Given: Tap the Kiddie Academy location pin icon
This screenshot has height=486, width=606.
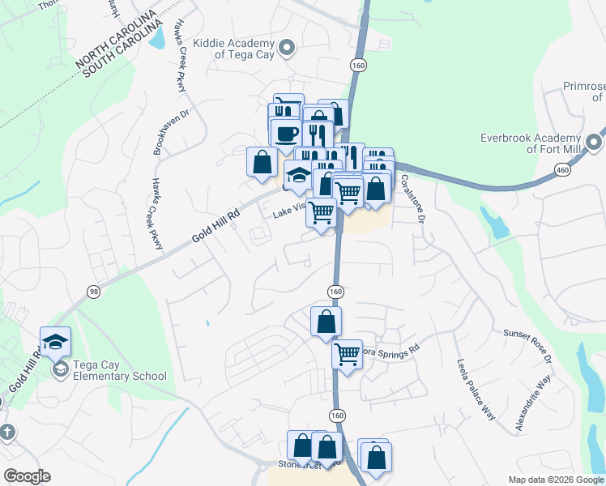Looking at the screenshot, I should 285,49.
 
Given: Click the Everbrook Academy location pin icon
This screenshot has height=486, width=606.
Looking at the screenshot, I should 594,143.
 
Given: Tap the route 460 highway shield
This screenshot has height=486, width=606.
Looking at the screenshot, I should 561,169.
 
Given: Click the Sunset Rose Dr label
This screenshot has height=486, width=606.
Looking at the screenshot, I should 527,344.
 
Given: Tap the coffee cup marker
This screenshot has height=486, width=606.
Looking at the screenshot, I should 284,132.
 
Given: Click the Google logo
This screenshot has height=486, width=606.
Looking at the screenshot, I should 27,476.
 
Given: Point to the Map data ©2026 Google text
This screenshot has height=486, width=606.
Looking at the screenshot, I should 556,480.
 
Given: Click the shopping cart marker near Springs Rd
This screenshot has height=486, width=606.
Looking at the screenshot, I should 347,354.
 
